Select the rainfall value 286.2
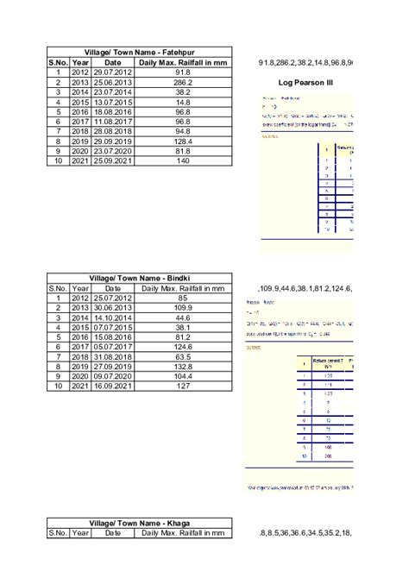tap(182, 81)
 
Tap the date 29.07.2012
tap(113, 72)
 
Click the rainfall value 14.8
tap(182, 100)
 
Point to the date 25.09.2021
tap(113, 161)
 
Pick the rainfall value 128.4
tap(182, 140)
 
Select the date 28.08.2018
tap(113, 131)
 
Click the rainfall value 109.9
tap(182, 307)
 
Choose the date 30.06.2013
tap(113, 307)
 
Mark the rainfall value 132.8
tap(182, 367)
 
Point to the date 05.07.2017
tap(113, 347)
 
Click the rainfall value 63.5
tap(182, 356)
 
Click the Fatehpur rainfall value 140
tap(182, 161)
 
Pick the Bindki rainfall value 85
tap(182, 298)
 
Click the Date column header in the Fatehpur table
tap(113, 62)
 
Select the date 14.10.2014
tap(113, 317)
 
